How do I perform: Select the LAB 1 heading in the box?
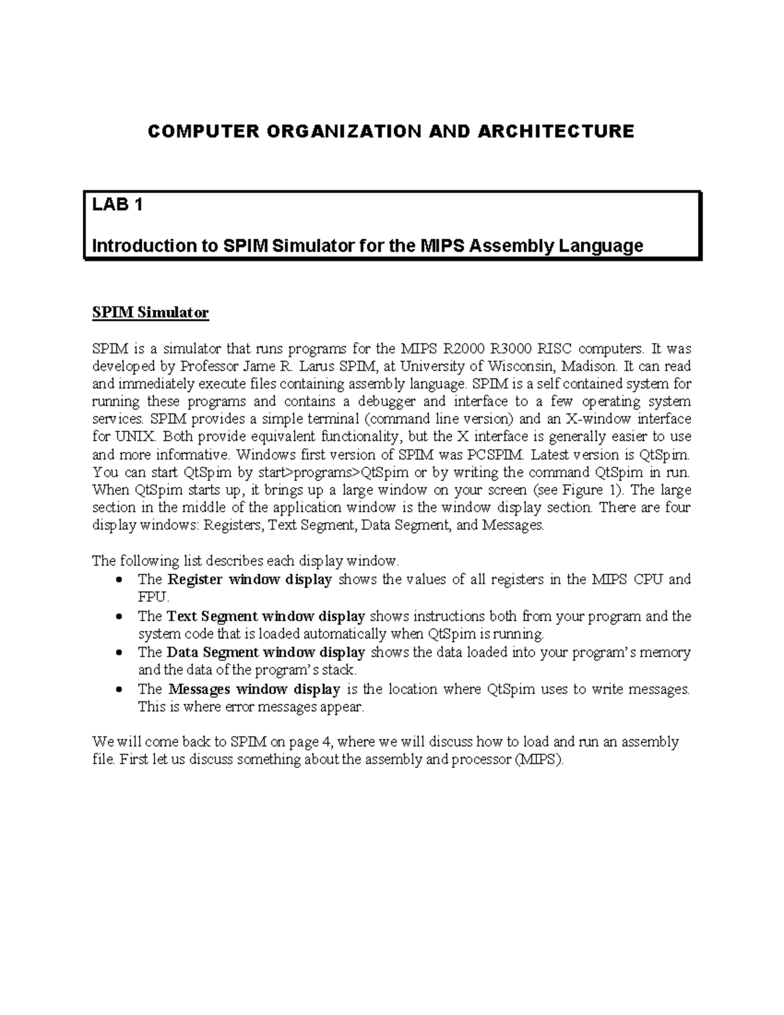tap(117, 205)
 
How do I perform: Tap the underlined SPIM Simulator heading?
tap(150, 313)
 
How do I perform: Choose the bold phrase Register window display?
tap(250, 579)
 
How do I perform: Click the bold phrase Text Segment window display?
tap(266, 616)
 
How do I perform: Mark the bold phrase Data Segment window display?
tap(266, 652)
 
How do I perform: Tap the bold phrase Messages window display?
tap(254, 689)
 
